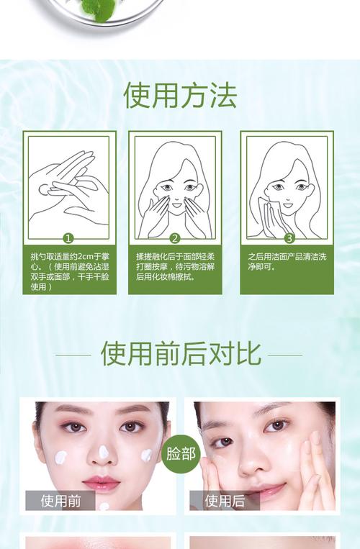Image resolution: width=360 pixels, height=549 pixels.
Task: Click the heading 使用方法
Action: pyautogui.click(x=180, y=96)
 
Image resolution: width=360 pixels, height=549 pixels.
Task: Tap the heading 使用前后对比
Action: pyautogui.click(x=180, y=354)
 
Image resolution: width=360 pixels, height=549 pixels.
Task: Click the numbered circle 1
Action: pyautogui.click(x=68, y=238)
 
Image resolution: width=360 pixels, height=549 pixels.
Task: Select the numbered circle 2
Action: pyautogui.click(x=175, y=238)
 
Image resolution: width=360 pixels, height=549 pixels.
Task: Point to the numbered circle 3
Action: pyautogui.click(x=289, y=238)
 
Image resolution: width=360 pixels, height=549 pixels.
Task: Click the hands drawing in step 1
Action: pyautogui.click(x=68, y=191)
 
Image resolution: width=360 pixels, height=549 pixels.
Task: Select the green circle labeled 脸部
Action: pyautogui.click(x=180, y=453)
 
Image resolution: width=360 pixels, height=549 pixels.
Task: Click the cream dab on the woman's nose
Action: pyautogui.click(x=103, y=453)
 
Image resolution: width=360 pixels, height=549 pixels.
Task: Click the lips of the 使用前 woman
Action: pyautogui.click(x=102, y=483)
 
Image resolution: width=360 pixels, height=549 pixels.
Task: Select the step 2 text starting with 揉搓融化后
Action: pyautogui.click(x=175, y=266)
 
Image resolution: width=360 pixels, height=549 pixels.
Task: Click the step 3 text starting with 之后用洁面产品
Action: pyautogui.click(x=287, y=261)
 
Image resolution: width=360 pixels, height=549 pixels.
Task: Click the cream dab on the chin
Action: pyautogui.click(x=104, y=507)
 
